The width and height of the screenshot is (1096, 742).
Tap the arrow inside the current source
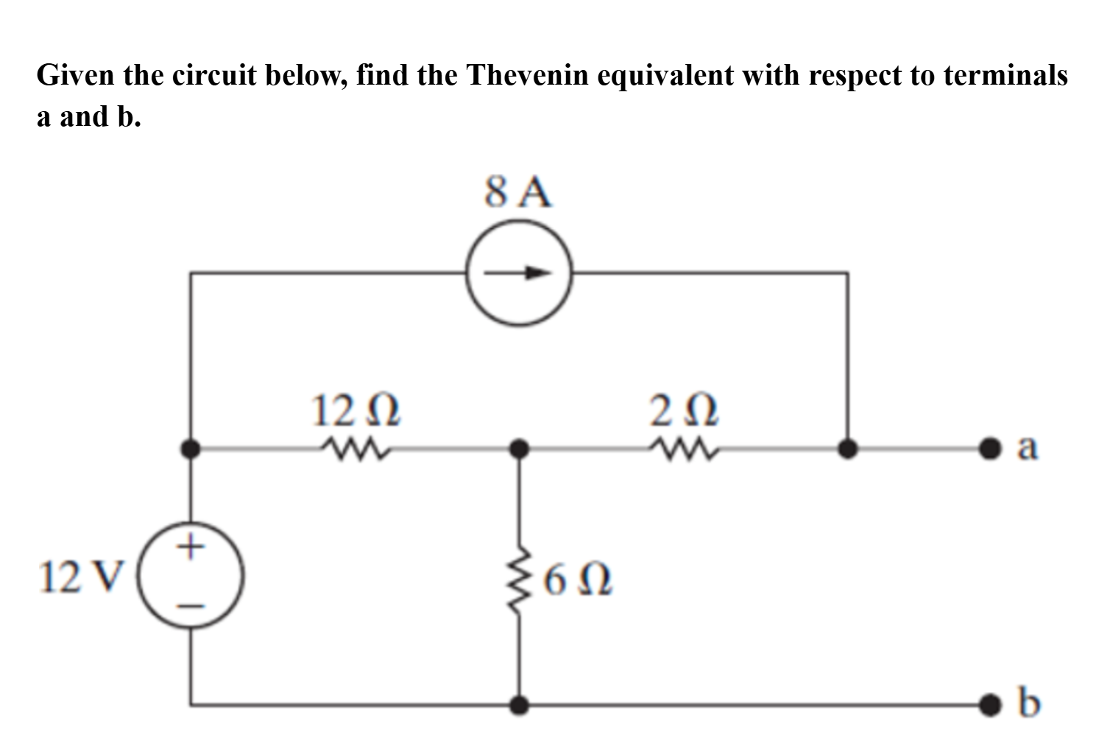tap(519, 273)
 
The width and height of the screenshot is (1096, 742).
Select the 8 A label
tap(518, 194)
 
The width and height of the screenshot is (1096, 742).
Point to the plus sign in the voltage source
tap(192, 546)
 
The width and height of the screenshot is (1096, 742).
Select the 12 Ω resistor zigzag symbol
tap(356, 447)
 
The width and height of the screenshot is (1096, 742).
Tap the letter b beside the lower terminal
tap(1030, 702)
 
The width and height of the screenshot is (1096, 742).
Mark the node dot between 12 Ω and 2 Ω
tap(520, 447)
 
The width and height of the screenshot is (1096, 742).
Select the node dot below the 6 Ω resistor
tap(520, 704)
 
